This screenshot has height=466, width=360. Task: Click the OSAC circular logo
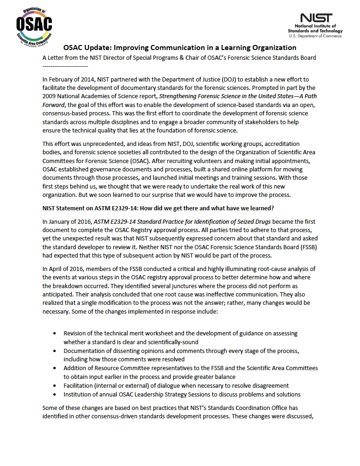point(34,24)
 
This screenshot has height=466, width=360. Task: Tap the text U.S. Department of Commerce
point(315,36)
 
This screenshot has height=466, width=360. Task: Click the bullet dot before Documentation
point(56,351)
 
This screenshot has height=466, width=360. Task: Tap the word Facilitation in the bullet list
point(80,386)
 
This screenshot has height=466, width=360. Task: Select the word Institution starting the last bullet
point(79,395)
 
